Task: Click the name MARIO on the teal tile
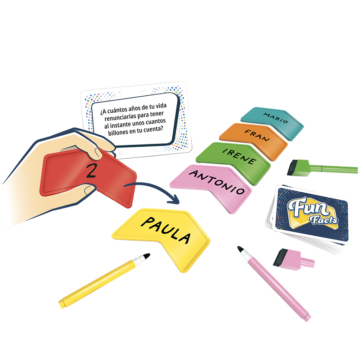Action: click(276, 118)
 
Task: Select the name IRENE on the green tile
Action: click(239, 156)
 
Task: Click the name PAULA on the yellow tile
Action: click(166, 230)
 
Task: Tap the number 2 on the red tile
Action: click(91, 171)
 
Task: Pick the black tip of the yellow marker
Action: click(146, 256)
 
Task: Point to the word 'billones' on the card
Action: click(118, 132)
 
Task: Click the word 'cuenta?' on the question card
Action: click(153, 129)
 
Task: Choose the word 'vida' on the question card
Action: click(161, 106)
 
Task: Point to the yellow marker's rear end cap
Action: click(62, 304)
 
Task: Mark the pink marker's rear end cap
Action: click(307, 317)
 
